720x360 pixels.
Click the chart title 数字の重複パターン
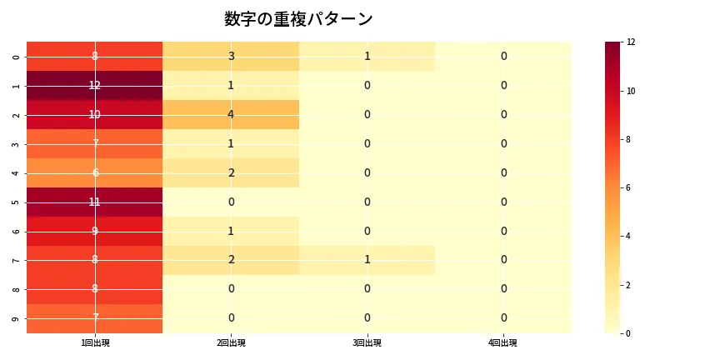(x=298, y=19)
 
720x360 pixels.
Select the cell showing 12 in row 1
(x=95, y=85)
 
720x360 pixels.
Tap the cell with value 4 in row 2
(x=231, y=114)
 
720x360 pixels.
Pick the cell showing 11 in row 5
(x=95, y=202)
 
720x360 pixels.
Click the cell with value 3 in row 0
(x=231, y=56)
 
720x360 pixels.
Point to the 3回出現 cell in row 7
(x=367, y=260)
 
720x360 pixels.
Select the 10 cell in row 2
(x=95, y=114)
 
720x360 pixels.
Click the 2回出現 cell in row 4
(x=231, y=172)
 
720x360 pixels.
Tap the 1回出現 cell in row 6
(x=95, y=231)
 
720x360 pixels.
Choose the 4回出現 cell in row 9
(x=503, y=317)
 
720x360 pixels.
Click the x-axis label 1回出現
(x=95, y=342)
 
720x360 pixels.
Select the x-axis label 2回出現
(x=231, y=342)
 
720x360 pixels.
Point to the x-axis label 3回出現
(x=367, y=342)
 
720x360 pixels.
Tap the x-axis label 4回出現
(x=503, y=342)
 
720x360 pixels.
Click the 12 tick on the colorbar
(x=631, y=42)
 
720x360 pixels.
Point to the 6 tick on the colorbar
(x=631, y=187)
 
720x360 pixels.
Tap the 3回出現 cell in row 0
(x=367, y=56)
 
